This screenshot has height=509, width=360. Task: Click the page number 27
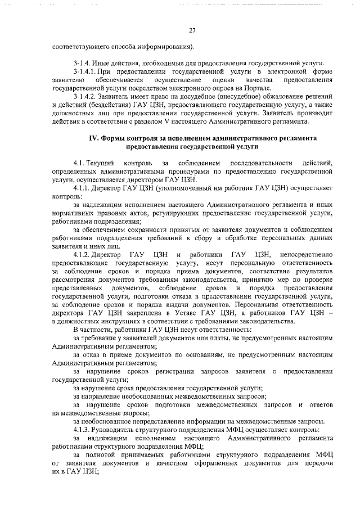click(192, 30)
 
